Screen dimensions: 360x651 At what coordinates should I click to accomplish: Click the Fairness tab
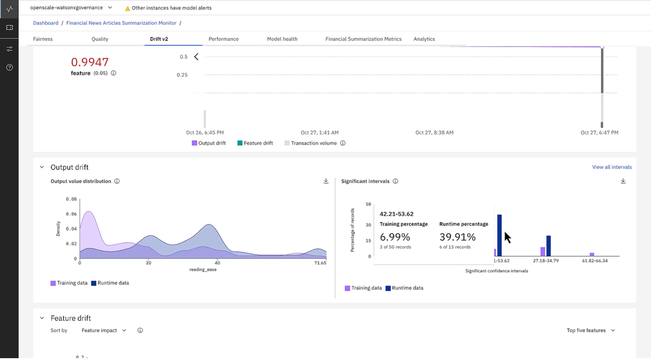click(x=43, y=39)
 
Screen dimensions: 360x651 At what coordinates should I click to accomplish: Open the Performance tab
click(x=223, y=39)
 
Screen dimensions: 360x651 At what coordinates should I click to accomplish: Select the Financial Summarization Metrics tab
click(x=363, y=39)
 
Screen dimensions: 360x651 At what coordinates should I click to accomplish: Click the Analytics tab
click(x=424, y=39)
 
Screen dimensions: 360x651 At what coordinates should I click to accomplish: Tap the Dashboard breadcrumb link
click(x=46, y=23)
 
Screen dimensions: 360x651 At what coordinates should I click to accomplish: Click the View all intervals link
click(x=611, y=167)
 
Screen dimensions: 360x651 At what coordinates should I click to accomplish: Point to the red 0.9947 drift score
click(x=90, y=62)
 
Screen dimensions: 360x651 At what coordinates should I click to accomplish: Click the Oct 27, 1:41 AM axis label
click(x=319, y=132)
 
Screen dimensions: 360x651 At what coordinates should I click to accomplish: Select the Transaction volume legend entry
click(x=314, y=143)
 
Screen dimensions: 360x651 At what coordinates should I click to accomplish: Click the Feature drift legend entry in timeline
click(x=258, y=143)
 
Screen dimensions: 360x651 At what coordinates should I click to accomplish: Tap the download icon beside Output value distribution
click(x=326, y=181)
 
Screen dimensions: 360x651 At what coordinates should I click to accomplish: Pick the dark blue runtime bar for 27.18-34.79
click(x=549, y=246)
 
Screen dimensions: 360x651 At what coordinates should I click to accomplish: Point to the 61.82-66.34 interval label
click(x=595, y=261)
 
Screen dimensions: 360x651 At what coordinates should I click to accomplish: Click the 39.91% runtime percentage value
click(x=457, y=237)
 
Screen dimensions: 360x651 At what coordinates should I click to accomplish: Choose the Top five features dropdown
click(x=590, y=330)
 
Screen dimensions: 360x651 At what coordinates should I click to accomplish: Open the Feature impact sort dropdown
click(x=104, y=330)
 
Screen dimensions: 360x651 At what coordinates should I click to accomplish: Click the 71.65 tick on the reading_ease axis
click(x=320, y=263)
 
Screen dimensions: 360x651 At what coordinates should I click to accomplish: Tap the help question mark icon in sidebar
click(x=10, y=67)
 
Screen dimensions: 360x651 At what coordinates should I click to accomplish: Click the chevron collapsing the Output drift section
click(x=42, y=167)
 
